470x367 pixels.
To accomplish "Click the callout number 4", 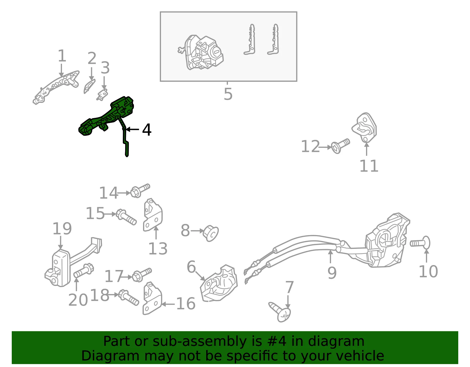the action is click(147, 130).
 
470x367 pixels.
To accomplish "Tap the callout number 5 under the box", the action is click(228, 94).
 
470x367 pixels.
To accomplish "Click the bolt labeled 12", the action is click(340, 146).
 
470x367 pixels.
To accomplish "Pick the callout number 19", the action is click(62, 228).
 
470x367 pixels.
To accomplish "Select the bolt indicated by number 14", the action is click(140, 191).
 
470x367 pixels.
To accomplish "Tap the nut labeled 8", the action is click(211, 233).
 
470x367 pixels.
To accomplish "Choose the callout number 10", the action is click(428, 272).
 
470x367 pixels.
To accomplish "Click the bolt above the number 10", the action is click(420, 243).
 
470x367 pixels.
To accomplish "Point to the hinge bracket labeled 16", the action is click(152, 299).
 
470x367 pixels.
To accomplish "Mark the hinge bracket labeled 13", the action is click(152, 215).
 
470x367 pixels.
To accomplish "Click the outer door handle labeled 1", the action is click(56, 88).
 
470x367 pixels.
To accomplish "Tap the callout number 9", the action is click(332, 273).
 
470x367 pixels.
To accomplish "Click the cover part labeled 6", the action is click(219, 283).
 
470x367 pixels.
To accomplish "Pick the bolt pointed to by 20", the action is click(84, 271).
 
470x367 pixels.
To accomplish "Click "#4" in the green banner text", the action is click(277, 341).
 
